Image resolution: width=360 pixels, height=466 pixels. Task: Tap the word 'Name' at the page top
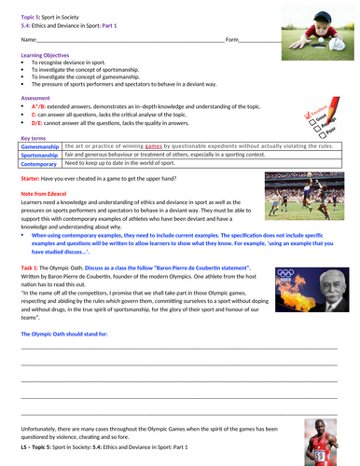28,40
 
